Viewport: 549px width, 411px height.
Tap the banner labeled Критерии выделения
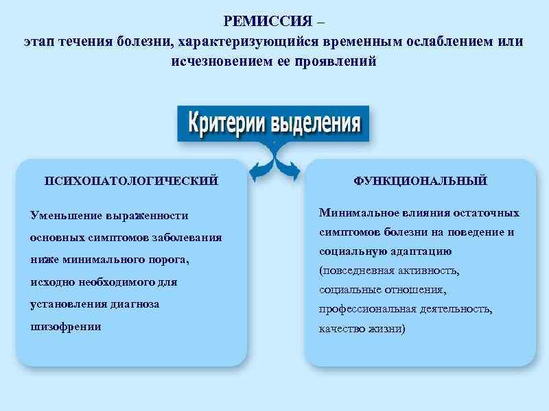pos(274,124)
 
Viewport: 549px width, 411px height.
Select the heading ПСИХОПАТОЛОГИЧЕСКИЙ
pos(131,181)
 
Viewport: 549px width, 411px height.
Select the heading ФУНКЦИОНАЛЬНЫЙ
pos(420,181)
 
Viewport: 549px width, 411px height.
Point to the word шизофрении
pos(66,327)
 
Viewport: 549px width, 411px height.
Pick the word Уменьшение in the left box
pos(64,216)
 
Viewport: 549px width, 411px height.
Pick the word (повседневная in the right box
pos(354,271)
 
